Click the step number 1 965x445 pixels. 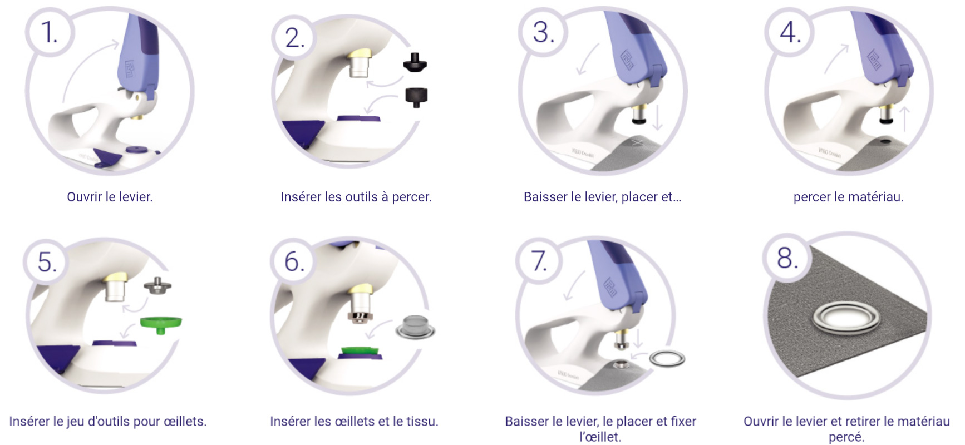[49, 32]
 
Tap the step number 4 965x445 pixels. [790, 32]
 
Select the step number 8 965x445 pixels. [787, 258]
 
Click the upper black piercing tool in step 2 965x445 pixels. [415, 62]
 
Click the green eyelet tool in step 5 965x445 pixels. [161, 323]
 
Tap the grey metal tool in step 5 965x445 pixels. [157, 285]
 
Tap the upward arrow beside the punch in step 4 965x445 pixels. [904, 120]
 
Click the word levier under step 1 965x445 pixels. [135, 197]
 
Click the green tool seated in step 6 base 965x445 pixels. [360, 352]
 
